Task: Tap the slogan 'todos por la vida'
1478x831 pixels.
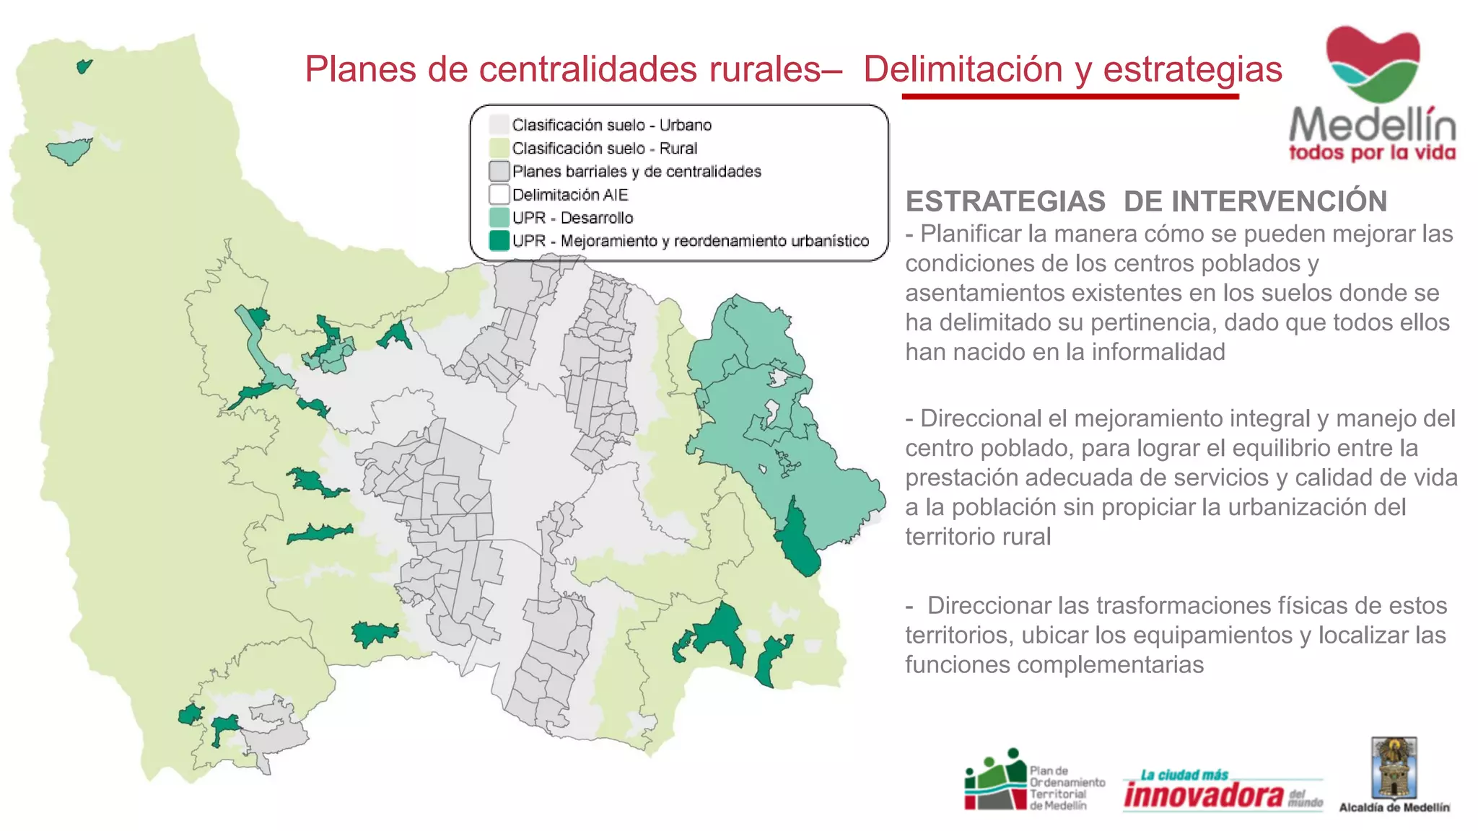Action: pyautogui.click(x=1372, y=153)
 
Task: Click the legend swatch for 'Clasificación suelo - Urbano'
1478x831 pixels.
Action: pyautogui.click(x=499, y=125)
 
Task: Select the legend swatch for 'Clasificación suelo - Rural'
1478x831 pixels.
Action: pyautogui.click(x=499, y=148)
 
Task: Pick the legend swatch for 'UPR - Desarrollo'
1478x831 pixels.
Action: pyautogui.click(x=499, y=217)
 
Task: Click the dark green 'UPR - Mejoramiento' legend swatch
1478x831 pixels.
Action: pyautogui.click(x=499, y=240)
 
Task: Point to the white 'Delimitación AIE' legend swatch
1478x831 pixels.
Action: pyautogui.click(x=499, y=194)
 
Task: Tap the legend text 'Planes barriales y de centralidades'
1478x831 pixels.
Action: pyautogui.click(x=637, y=172)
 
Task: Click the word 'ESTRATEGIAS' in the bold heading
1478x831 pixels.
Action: pyautogui.click(x=1005, y=202)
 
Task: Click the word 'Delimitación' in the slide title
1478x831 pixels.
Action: pyautogui.click(x=963, y=70)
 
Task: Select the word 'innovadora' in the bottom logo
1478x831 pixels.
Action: pyautogui.click(x=1204, y=795)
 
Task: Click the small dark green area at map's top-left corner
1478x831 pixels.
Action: pyautogui.click(x=84, y=66)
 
